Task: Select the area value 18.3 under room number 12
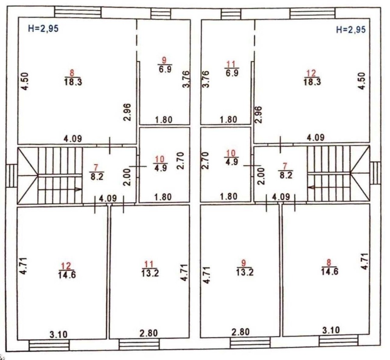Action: click(x=312, y=81)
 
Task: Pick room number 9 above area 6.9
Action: click(x=164, y=60)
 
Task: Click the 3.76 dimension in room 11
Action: click(x=206, y=79)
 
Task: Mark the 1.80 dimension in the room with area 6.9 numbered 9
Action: click(x=163, y=120)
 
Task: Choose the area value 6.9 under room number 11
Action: click(x=232, y=73)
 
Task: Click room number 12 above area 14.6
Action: click(x=66, y=266)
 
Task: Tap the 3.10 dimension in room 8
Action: click(x=331, y=330)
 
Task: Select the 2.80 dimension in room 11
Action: click(x=149, y=333)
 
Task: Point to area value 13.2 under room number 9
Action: click(x=245, y=272)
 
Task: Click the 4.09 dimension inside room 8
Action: click(x=73, y=139)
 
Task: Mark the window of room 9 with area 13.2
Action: click(x=250, y=344)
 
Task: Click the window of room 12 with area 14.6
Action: click(x=49, y=345)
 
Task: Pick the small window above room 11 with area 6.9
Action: click(x=231, y=14)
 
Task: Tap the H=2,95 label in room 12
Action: click(x=351, y=30)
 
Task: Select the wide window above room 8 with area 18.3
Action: click(x=78, y=12)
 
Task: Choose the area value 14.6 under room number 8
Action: click(x=330, y=271)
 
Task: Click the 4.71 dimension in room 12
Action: click(x=23, y=266)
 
